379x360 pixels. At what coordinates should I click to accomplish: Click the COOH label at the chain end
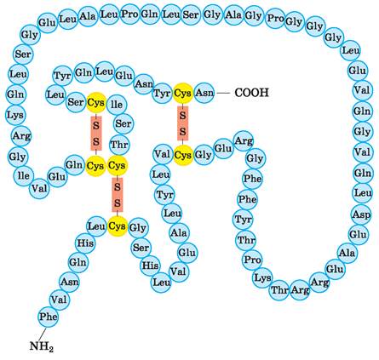point(251,93)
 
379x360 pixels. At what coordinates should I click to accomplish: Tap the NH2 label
point(42,346)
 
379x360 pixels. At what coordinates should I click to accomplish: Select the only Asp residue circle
point(361,214)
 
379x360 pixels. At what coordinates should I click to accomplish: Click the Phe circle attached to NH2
point(49,317)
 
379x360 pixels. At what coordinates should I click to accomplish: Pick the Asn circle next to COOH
point(204,93)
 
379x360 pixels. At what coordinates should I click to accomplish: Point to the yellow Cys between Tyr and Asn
point(183,93)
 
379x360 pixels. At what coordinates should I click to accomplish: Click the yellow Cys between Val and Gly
point(183,155)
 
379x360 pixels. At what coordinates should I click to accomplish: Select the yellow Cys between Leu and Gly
point(117,226)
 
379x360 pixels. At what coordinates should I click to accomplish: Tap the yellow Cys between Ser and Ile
point(95,102)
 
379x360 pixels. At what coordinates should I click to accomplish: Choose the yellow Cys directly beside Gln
point(95,166)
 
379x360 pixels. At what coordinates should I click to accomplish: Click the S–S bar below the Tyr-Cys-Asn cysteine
point(183,123)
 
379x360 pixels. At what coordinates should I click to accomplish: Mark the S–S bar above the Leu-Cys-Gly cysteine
point(118,195)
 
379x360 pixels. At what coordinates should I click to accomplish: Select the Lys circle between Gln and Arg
point(16,115)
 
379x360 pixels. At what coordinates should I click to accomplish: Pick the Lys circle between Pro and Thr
point(262,277)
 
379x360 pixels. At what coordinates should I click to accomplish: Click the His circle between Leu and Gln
point(85,243)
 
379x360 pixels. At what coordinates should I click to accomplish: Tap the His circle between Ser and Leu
point(150,266)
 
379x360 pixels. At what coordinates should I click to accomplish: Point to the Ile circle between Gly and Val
point(23,176)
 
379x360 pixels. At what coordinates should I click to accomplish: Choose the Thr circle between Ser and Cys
point(119,145)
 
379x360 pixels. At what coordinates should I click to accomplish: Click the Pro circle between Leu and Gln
point(129,14)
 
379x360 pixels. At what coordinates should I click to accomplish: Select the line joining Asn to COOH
point(223,93)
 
